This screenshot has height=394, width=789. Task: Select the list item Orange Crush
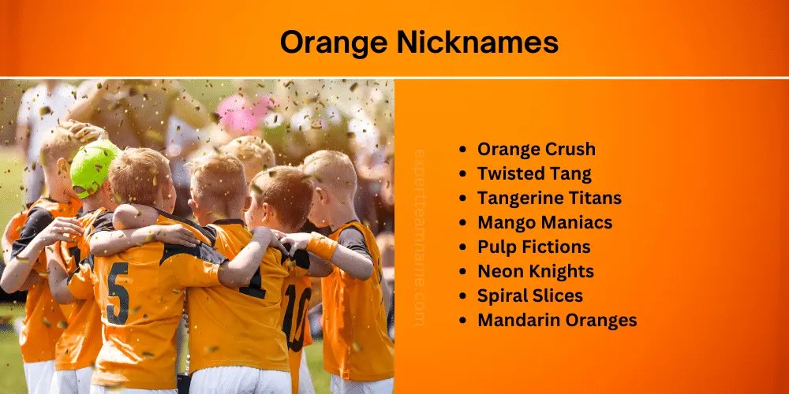[536, 149]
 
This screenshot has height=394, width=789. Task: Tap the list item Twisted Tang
[533, 173]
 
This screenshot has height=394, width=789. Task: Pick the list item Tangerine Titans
[549, 198]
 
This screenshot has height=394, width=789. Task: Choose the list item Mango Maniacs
[545, 222]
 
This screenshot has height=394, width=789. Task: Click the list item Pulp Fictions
[533, 247]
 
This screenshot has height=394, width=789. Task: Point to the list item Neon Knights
[535, 271]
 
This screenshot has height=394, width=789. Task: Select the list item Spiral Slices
[529, 295]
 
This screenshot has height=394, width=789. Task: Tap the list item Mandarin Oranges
[557, 320]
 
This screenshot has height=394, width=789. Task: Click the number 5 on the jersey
[118, 293]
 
